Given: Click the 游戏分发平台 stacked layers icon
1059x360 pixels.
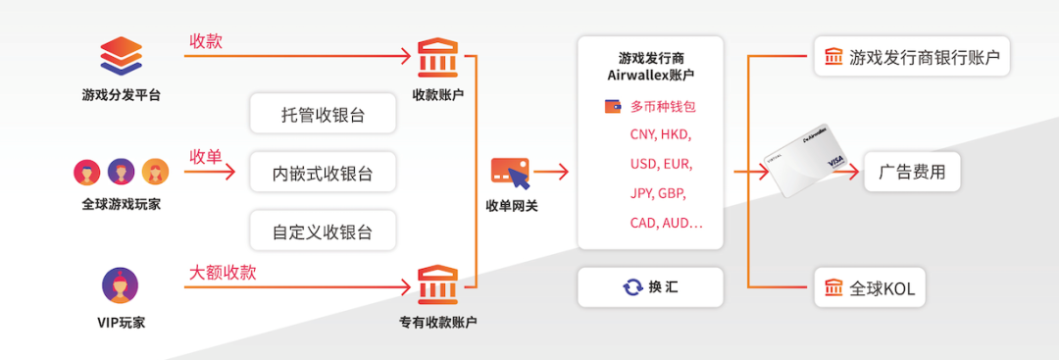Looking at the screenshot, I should click(x=121, y=57).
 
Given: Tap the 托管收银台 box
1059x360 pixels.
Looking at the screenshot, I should click(x=323, y=114).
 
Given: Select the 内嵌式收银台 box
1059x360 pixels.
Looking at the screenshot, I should click(x=323, y=174).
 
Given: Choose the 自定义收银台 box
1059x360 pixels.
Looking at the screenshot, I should click(x=323, y=232).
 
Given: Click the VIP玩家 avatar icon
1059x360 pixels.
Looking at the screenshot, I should click(x=121, y=285).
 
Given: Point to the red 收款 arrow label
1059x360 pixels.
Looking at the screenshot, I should click(x=206, y=41).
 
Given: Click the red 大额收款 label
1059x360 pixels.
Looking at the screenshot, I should click(x=223, y=272).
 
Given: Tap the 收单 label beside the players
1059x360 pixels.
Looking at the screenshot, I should click(x=206, y=157).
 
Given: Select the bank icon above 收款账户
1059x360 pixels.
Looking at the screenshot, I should click(x=437, y=56).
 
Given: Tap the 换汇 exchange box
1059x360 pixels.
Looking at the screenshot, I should click(x=650, y=287).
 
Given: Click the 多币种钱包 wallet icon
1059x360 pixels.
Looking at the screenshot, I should click(x=613, y=106).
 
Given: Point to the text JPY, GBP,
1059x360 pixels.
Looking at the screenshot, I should click(x=659, y=193).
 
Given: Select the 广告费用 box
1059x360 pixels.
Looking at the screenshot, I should click(x=912, y=173).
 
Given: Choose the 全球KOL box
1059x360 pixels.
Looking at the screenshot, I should click(x=871, y=288).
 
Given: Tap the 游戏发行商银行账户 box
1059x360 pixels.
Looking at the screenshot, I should click(x=912, y=57).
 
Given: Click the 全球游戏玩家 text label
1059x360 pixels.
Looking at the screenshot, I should click(x=121, y=204).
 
